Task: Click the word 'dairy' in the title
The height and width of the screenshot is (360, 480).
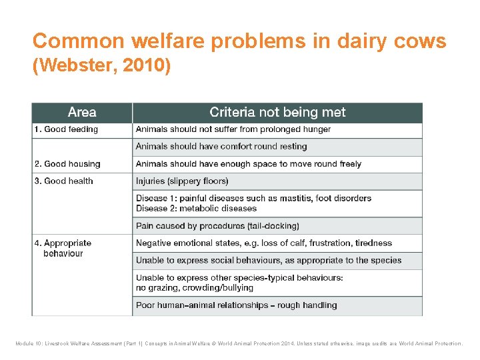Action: (361, 41)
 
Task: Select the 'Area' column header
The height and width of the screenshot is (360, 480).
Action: (82, 113)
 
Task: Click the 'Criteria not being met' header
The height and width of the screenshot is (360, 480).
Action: (277, 113)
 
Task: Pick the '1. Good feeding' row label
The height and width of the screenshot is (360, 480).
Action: (66, 129)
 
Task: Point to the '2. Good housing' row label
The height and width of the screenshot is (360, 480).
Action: (67, 164)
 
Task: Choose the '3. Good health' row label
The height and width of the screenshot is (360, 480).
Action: (64, 181)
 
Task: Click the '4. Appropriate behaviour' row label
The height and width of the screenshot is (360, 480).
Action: (63, 248)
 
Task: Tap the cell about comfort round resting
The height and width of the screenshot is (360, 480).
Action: (221, 147)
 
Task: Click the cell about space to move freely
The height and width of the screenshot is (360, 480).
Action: (248, 164)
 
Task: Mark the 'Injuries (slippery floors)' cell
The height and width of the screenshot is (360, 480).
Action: (182, 181)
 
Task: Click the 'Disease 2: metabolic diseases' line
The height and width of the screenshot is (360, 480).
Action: (196, 208)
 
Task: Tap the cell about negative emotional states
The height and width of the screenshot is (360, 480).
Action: (263, 243)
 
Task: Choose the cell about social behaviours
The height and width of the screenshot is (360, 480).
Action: (268, 261)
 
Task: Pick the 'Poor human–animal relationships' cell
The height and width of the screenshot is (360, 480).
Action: (236, 305)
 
